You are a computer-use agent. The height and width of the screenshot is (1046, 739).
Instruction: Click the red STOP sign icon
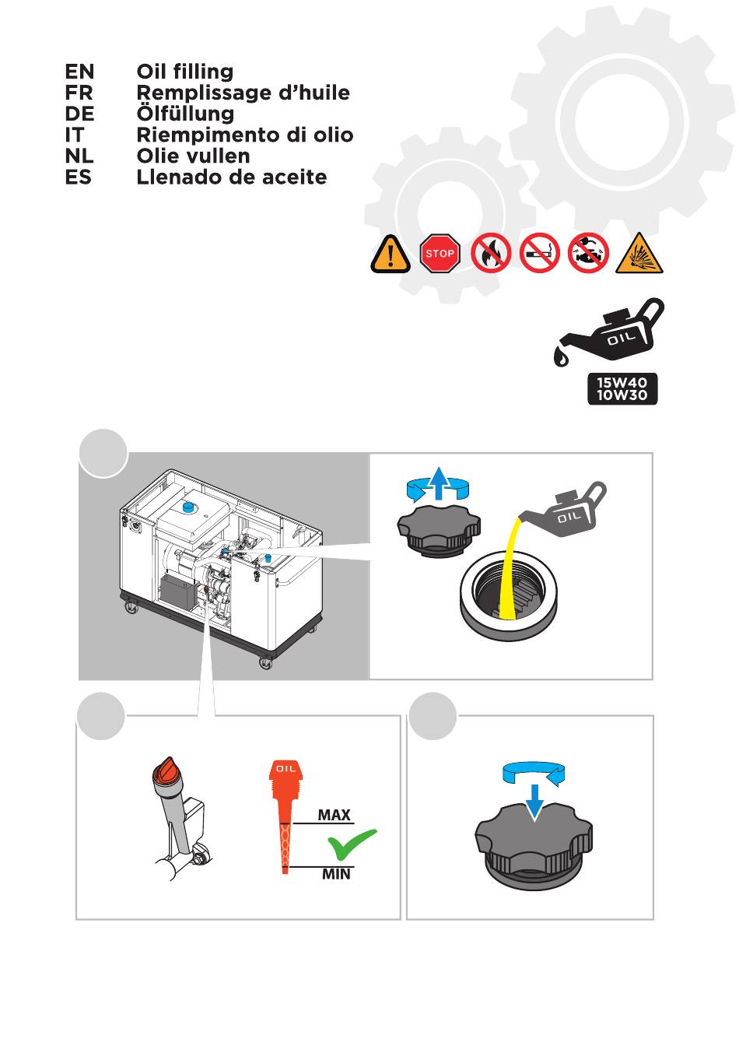440,253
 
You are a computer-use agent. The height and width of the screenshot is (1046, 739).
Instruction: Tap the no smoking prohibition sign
540,253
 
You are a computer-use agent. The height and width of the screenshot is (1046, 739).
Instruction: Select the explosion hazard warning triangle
639,254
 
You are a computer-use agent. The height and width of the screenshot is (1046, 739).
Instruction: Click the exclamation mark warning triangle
391,254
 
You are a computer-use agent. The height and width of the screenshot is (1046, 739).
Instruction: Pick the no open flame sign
490,253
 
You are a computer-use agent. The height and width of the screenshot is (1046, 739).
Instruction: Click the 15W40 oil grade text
622,382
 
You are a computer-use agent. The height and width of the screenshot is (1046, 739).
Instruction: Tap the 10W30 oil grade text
622,395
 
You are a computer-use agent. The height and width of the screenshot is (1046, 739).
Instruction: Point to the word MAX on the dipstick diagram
334,815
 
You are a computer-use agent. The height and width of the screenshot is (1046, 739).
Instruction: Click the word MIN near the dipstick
336,874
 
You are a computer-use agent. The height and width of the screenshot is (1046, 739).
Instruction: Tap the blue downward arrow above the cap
534,802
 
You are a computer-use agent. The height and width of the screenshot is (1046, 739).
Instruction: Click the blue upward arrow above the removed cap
437,483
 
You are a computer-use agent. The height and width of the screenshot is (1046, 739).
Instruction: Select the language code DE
79,114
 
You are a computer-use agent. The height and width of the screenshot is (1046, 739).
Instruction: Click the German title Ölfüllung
185,114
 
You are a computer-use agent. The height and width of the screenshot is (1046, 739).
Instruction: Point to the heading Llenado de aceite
232,177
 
